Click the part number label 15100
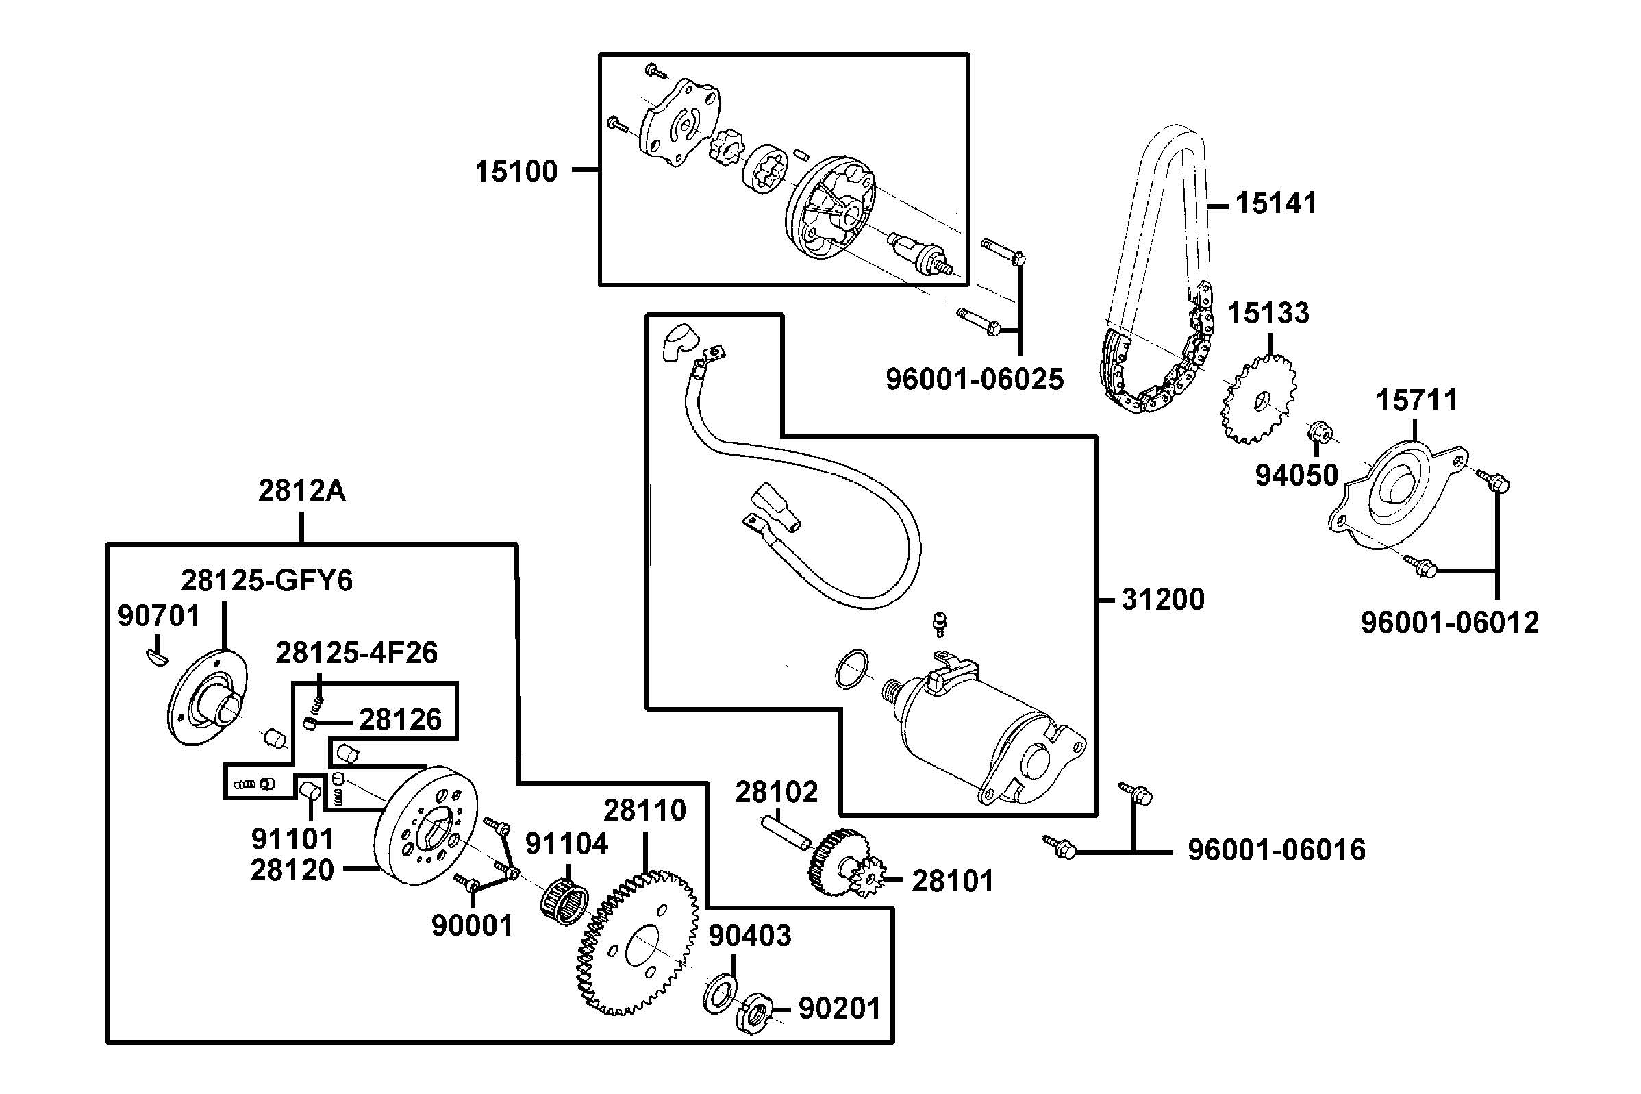(516, 171)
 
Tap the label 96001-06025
(975, 380)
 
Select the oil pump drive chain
(1157, 279)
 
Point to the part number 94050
(1296, 476)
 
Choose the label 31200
(1162, 599)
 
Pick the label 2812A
(301, 491)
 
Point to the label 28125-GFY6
(266, 580)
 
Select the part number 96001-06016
(1276, 851)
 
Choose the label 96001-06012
(1449, 622)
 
